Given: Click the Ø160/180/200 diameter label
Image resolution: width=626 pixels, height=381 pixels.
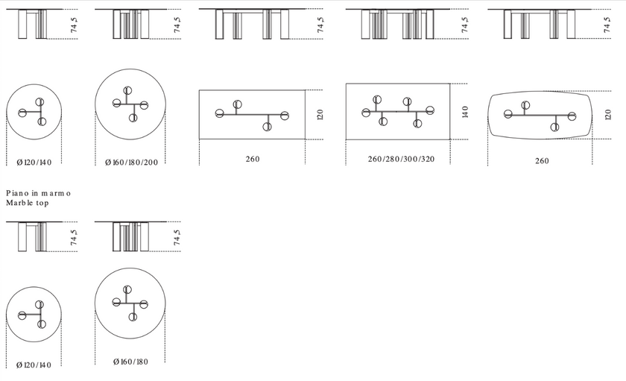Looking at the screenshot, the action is (131, 162).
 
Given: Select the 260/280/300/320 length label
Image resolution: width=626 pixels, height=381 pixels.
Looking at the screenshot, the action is (401, 159).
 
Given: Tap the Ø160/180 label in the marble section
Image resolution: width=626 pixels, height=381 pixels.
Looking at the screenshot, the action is (130, 362).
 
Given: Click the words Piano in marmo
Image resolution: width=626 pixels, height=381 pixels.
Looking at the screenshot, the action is (38, 193).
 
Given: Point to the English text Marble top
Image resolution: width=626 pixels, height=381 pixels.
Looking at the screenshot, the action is (28, 203).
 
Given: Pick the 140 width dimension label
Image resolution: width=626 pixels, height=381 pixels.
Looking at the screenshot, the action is (465, 112).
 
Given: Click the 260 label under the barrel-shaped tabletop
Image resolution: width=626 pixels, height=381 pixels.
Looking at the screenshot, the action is (542, 161).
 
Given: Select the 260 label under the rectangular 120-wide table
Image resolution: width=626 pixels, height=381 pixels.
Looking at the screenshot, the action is (253, 159).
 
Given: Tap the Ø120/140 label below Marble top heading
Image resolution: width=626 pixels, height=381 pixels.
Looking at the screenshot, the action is (34, 365).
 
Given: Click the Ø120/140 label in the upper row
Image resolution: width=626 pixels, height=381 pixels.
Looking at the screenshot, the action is (34, 162).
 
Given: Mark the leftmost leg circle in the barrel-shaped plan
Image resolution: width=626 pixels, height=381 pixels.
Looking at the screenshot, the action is (508, 114).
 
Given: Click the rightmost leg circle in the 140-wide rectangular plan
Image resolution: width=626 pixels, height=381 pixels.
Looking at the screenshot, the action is (430, 110).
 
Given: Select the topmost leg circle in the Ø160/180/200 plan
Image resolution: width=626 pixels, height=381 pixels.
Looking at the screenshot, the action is (127, 91).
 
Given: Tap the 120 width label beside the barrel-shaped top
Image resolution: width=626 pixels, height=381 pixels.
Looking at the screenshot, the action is (608, 115).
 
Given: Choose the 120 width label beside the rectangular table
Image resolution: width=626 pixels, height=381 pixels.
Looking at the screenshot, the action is (320, 115).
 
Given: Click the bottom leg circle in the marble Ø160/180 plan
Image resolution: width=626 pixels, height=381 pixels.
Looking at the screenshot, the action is (133, 317).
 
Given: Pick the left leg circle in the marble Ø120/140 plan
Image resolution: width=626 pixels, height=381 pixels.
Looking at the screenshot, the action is (22, 315).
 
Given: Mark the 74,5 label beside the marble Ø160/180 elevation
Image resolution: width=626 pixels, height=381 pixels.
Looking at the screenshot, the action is (177, 237).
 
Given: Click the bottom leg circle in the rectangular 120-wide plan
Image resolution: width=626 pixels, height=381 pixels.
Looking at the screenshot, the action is (267, 127).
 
